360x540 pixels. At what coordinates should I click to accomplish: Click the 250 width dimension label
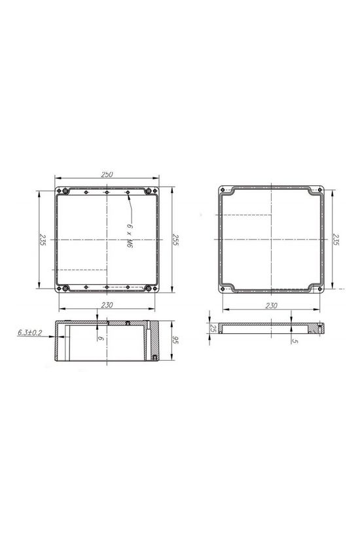click(107, 174)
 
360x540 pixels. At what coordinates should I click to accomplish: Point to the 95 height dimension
click(175, 340)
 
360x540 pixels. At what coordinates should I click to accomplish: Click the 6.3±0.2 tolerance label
click(30, 333)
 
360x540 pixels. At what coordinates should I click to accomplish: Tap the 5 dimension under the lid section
click(296, 340)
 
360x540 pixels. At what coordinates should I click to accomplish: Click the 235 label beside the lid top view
click(336, 240)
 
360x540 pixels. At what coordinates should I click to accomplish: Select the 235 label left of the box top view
click(41, 240)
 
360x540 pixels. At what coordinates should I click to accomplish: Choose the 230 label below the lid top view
click(272, 305)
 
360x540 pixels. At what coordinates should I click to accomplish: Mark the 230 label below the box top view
click(107, 305)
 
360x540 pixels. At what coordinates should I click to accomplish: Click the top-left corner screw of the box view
click(65, 191)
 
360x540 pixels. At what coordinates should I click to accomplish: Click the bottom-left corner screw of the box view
click(65, 289)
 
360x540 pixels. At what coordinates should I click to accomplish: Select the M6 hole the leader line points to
click(128, 192)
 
